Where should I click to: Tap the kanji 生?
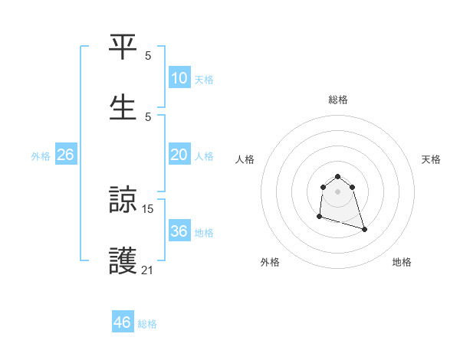tap(123, 106)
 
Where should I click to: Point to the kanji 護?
tap(123, 260)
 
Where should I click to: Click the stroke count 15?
tap(148, 208)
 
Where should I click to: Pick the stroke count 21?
tap(148, 269)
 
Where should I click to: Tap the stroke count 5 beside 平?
tap(148, 55)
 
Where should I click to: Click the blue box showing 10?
tap(179, 78)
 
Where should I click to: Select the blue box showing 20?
tap(179, 155)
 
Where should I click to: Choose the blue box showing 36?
tap(179, 231)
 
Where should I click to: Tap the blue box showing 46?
tap(123, 322)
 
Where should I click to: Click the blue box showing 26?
tap(65, 155)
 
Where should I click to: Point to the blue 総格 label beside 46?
tap(147, 324)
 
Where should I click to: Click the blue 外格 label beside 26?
tap(41, 156)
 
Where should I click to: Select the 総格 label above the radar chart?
tap(338, 100)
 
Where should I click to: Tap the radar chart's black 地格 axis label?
tap(402, 262)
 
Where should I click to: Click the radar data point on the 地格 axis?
tap(364, 229)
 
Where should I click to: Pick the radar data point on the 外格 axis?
tap(319, 217)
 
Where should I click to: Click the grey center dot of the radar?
tap(338, 191)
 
